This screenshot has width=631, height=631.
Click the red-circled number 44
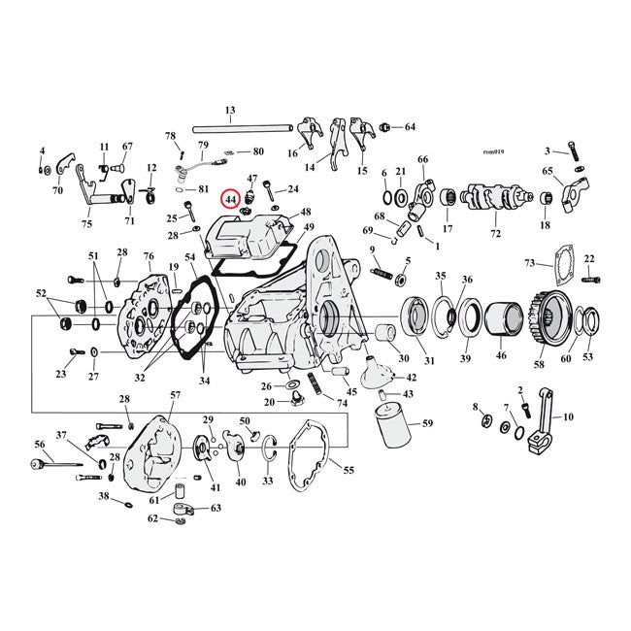point(230,199)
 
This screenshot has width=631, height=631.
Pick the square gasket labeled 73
point(558,280)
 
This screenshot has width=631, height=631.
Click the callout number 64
point(410,127)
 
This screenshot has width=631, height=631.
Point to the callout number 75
point(86,223)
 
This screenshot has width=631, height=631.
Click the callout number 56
point(40,444)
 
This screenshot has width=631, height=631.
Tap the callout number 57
point(175,395)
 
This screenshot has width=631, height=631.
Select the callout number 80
point(258,151)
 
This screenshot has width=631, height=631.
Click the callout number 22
point(588,259)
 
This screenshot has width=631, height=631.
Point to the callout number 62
point(153,518)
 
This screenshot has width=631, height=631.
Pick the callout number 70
point(57,190)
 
